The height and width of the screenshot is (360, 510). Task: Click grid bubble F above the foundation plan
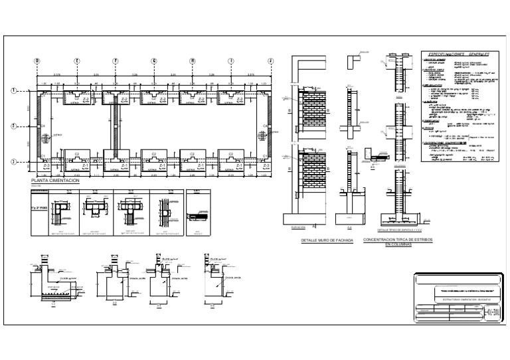pos(115,60)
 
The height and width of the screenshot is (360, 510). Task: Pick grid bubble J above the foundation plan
pos(270,60)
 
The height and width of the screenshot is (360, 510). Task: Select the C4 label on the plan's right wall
pos(264,126)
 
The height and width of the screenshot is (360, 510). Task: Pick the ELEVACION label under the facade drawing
pos(299,227)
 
